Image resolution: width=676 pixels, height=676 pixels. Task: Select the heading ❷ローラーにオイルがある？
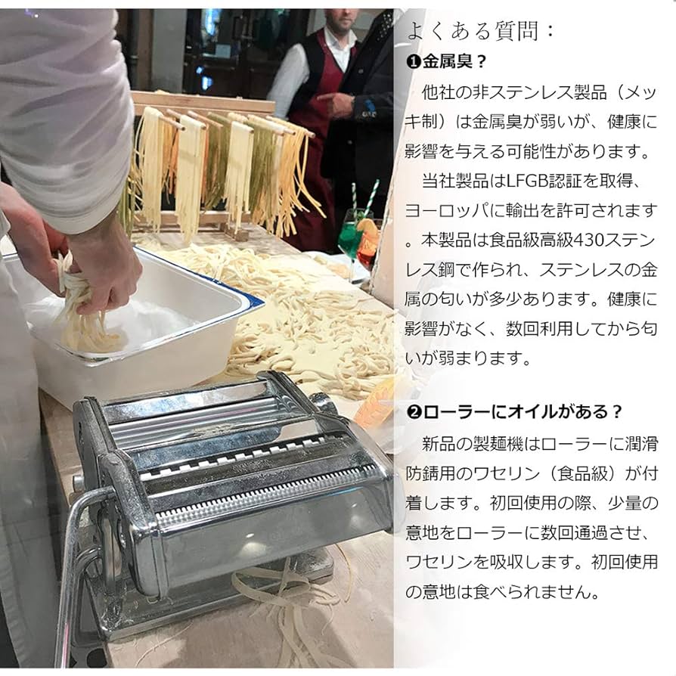[515, 411]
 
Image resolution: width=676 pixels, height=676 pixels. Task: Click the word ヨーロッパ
[454, 211]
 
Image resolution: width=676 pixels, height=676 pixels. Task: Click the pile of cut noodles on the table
[318, 318]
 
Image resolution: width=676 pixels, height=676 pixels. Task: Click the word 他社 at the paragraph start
[439, 95]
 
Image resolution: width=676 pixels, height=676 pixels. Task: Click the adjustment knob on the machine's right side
[321, 401]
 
